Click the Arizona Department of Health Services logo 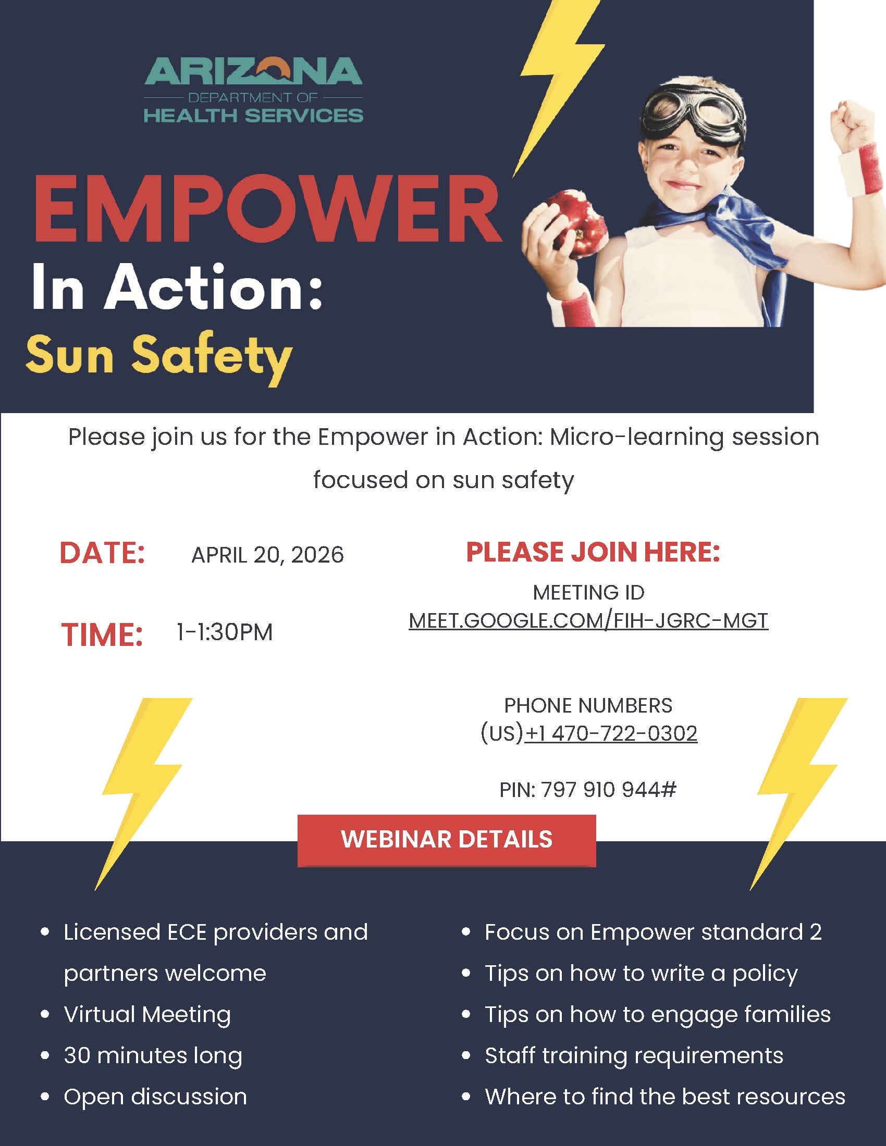coord(253,90)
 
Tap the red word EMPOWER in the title coord(268,209)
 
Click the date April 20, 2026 coord(268,555)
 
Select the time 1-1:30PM coord(225,632)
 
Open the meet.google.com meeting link coord(588,620)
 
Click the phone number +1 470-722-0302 coord(611,733)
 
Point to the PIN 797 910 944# coord(588,789)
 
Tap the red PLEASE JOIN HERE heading coord(593,552)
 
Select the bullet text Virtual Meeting coord(147,1014)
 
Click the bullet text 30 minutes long coord(153,1056)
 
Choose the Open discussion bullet coord(155,1097)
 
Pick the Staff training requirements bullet coord(634,1056)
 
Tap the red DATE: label coord(102,553)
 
